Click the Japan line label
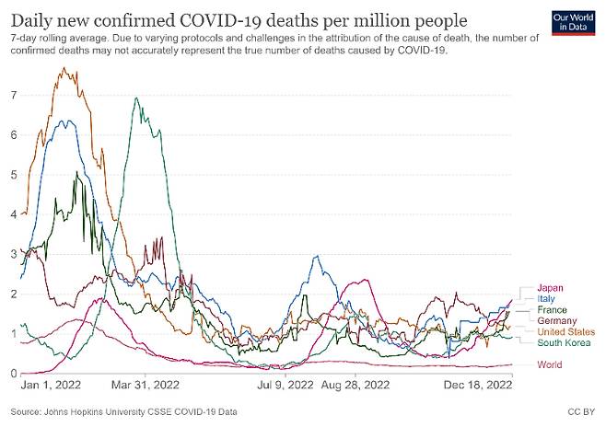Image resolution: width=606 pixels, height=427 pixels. pyautogui.click(x=552, y=285)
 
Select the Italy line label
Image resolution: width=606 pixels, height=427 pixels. pyautogui.click(x=548, y=297)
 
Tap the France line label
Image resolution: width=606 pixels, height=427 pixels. pyautogui.click(x=553, y=309)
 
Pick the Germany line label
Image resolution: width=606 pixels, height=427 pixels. pyautogui.click(x=557, y=320)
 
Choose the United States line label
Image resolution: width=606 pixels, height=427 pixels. pyautogui.click(x=565, y=331)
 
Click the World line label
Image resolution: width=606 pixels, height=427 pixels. pyautogui.click(x=550, y=364)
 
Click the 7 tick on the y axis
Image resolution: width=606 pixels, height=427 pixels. pyautogui.click(x=12, y=95)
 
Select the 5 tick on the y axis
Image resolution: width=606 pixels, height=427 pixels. pyautogui.click(x=12, y=174)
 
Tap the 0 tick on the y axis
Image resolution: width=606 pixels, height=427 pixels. pyautogui.click(x=12, y=373)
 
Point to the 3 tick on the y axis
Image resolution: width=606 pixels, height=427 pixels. pyautogui.click(x=12, y=253)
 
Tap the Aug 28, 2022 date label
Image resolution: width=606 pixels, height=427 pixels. pyautogui.click(x=350, y=384)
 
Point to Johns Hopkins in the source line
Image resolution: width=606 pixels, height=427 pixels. pyautogui.click(x=84, y=410)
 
